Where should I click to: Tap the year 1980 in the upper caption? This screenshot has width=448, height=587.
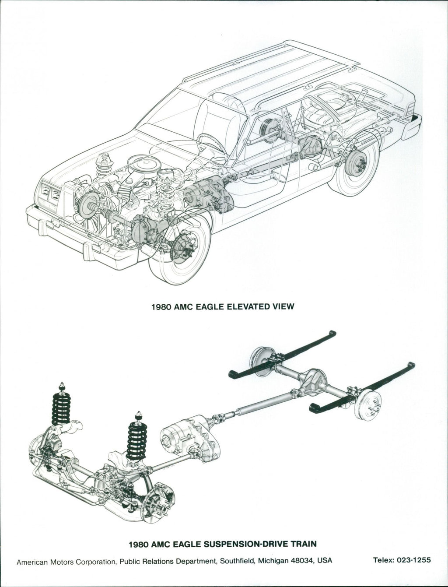(x=161, y=307)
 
